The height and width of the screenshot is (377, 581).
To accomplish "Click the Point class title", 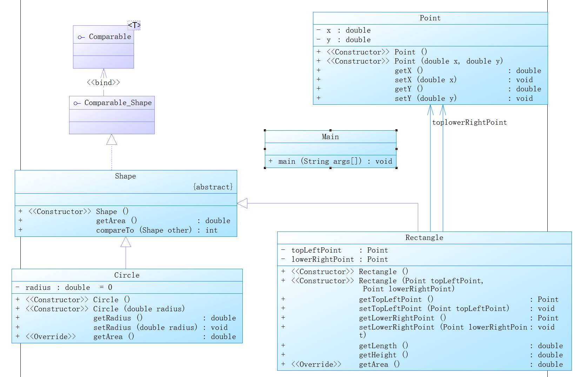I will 430,18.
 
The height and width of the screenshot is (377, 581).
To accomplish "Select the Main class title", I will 330,137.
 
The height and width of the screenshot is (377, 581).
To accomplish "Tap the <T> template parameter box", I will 134,25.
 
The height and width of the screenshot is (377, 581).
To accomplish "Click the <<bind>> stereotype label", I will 103,83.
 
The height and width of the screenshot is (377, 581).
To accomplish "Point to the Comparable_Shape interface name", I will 118,103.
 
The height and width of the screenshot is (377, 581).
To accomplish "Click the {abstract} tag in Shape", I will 213,187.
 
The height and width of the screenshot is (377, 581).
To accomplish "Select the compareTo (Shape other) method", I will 144,230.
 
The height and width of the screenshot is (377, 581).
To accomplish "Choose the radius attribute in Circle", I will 38,288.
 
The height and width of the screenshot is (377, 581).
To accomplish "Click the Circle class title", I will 127,275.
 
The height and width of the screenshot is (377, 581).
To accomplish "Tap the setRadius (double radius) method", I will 145,327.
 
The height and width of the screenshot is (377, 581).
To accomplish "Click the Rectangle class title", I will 424,238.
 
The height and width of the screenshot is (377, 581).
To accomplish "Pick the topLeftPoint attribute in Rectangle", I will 316,251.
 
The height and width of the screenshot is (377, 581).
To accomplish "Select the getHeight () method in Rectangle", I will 383,355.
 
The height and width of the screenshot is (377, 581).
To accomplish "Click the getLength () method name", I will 378,346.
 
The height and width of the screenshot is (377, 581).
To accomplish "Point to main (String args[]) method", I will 320,162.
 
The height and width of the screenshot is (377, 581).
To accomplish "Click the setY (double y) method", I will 425,99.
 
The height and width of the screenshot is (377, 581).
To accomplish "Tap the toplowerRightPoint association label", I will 469,123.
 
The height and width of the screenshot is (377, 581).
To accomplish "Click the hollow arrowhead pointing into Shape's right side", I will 242,203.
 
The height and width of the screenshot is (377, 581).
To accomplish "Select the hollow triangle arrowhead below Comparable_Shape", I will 112,140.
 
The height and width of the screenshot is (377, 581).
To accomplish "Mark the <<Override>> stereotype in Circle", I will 51,337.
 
